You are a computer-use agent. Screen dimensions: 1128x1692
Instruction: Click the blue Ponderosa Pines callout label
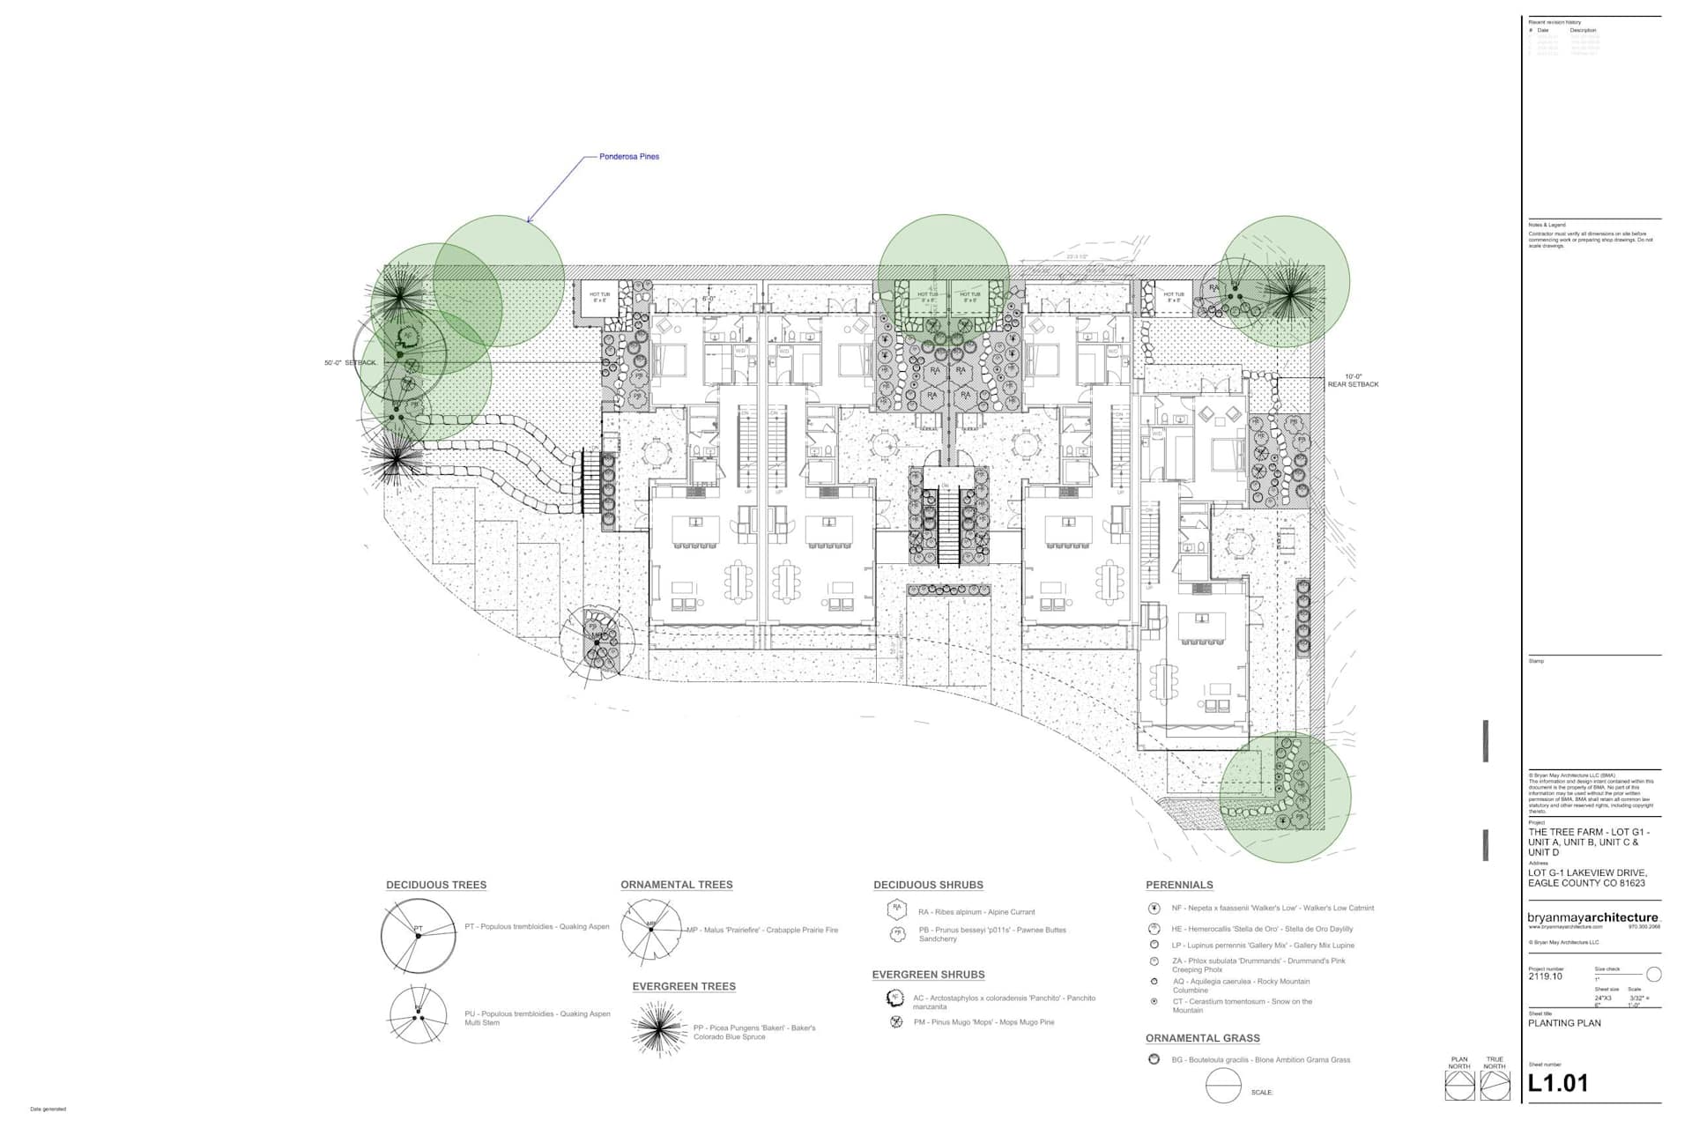pos(628,157)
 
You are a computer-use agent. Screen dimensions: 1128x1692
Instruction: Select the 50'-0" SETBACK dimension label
pos(351,363)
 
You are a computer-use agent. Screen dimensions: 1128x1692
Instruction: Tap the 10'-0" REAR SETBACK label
pos(1353,381)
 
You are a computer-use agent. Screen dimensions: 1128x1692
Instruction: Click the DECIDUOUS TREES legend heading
pos(436,885)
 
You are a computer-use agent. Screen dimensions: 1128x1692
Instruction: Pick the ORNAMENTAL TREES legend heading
pos(676,885)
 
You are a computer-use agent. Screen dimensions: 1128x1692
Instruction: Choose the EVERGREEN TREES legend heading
pos(684,986)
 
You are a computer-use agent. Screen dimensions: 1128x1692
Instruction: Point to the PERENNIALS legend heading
pos(1179,885)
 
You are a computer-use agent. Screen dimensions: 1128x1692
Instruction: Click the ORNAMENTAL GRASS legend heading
pos(1202,1038)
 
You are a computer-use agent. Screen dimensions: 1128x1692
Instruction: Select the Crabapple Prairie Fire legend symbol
pos(650,931)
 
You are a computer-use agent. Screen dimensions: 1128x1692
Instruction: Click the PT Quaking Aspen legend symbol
pos(419,935)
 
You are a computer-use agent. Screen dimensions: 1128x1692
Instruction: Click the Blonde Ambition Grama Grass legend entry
pos(1260,1060)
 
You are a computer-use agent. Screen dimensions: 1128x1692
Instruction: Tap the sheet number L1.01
pos(1557,1084)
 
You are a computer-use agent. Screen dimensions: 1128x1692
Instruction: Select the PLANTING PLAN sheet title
pos(1564,1023)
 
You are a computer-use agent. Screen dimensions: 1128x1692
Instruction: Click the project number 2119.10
pos(1545,976)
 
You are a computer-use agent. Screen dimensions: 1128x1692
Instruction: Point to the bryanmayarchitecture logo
pos(1592,918)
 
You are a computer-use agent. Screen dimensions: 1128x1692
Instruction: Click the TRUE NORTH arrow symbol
pos(1495,1086)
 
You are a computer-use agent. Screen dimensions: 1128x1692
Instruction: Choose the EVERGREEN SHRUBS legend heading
pos(928,975)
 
